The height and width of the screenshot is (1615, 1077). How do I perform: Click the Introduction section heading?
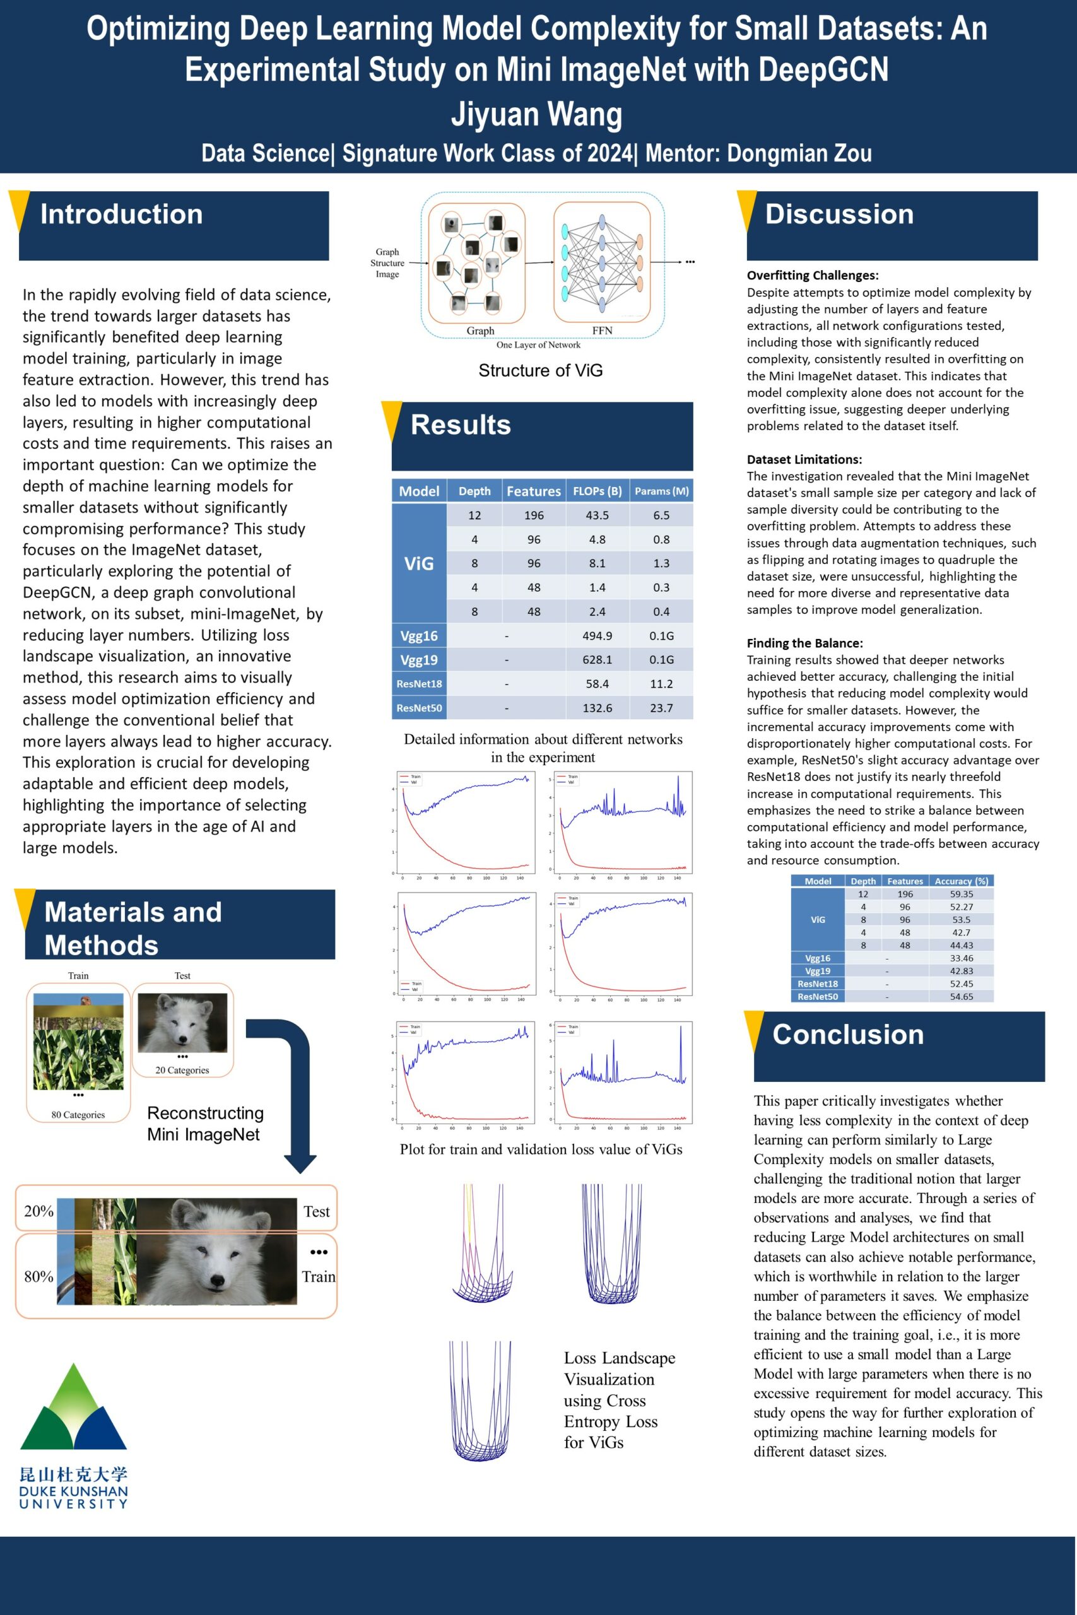(x=122, y=214)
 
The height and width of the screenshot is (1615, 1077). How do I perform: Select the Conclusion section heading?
(x=847, y=1034)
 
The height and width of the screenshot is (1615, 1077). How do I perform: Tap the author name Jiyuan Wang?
(x=536, y=114)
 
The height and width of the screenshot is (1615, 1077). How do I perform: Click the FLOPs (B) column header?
(x=597, y=491)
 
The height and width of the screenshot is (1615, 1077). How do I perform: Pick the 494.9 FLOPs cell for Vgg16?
(x=597, y=636)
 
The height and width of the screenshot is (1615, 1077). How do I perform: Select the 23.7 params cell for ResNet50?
(x=661, y=708)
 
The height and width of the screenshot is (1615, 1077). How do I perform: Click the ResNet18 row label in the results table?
(x=419, y=684)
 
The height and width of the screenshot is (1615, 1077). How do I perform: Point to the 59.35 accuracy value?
(x=961, y=894)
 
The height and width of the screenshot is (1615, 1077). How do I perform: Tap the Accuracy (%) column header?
(x=961, y=881)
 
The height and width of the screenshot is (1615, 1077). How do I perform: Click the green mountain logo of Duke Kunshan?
(x=73, y=1407)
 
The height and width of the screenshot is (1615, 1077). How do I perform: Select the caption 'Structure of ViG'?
(x=540, y=371)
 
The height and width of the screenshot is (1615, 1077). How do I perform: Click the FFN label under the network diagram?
(x=602, y=331)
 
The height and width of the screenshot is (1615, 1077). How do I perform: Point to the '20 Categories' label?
(x=182, y=1070)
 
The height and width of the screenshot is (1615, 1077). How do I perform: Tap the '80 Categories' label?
(x=78, y=1115)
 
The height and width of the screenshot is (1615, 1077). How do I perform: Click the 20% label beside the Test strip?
(x=38, y=1211)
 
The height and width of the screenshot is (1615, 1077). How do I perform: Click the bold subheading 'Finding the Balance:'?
(x=805, y=643)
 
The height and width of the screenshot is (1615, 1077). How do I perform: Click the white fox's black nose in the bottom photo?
(x=218, y=1279)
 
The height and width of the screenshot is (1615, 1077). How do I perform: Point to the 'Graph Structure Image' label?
(x=387, y=263)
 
